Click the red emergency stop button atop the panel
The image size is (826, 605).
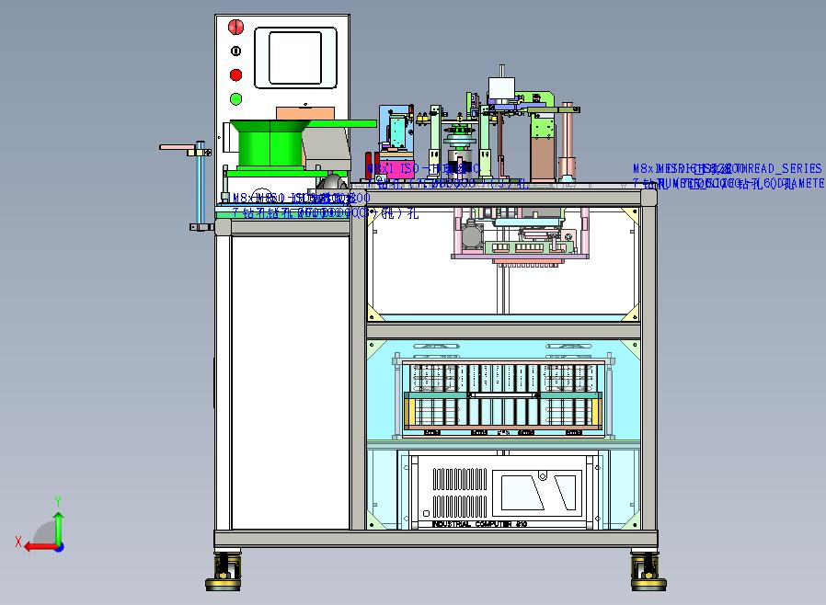coord(235,27)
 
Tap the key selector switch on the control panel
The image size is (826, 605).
coord(235,51)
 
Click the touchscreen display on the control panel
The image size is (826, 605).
coord(297,57)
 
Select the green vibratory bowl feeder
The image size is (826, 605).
coord(269,143)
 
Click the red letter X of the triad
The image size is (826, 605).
coord(18,542)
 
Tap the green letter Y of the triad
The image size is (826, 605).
coord(57,501)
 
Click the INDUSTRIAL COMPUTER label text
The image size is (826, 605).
coord(476,524)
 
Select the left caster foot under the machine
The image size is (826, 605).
coord(225,571)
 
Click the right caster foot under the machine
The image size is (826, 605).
coord(647,571)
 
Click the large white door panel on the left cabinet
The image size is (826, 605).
coord(290,382)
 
